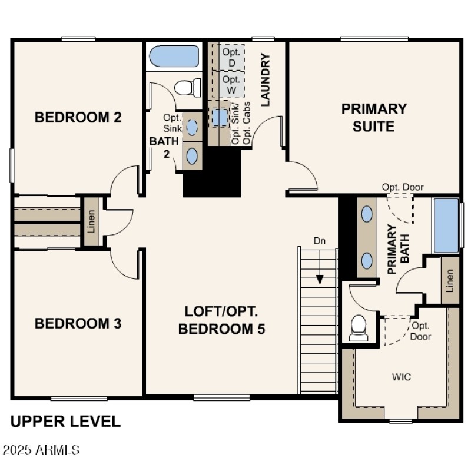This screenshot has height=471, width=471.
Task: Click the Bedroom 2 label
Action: tap(78, 117)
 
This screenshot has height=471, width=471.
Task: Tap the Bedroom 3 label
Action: tap(78, 323)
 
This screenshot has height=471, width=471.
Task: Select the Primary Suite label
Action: tap(374, 117)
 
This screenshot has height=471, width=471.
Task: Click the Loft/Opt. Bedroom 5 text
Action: tap(221, 320)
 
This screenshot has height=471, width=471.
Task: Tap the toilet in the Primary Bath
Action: tap(359, 328)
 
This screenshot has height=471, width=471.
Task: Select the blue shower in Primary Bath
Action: tap(446, 225)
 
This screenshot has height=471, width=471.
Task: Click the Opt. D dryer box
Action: tap(232, 57)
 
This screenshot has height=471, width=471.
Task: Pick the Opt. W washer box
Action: tap(232, 84)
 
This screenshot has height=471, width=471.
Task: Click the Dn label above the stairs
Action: tap(319, 240)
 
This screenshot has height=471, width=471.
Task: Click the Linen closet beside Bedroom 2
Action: tap(91, 221)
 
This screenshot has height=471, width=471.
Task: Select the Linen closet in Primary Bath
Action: tap(450, 281)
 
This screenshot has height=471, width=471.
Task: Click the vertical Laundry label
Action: tap(266, 80)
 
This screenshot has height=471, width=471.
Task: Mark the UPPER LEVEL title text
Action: tap(65, 422)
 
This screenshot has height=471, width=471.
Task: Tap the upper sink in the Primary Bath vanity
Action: tap(367, 214)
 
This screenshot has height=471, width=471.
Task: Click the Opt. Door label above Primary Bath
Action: tap(403, 187)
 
